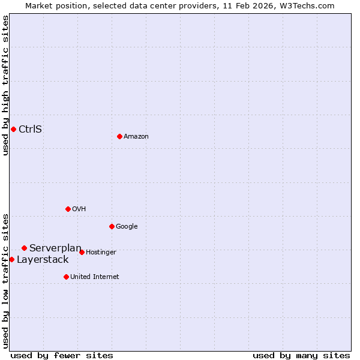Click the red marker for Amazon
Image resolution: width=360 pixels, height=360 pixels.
[119, 136]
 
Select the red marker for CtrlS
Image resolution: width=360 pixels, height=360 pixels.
[13, 129]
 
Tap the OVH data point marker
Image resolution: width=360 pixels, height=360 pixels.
[68, 209]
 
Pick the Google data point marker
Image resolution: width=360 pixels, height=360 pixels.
[112, 226]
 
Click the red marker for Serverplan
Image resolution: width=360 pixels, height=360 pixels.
[24, 248]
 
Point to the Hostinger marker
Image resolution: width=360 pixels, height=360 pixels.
[82, 252]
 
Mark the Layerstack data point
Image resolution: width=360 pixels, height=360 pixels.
[11, 259]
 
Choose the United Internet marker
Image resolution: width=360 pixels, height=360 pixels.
[66, 277]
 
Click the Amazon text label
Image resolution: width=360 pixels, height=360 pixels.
[136, 137]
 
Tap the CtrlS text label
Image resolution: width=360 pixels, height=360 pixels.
[30, 129]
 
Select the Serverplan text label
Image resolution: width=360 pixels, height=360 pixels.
[55, 248]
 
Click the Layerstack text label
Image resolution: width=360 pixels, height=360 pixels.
[43, 259]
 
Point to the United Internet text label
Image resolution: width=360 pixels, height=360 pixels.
[95, 277]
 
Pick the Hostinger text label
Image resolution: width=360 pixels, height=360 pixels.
[101, 253]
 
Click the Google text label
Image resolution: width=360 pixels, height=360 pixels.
[127, 227]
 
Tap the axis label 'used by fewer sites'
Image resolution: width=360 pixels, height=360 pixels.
[62, 355]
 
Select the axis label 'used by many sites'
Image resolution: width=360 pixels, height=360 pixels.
[301, 355]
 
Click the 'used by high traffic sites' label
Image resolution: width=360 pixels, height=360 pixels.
[5, 85]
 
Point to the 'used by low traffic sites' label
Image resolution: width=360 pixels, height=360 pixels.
[5, 280]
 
